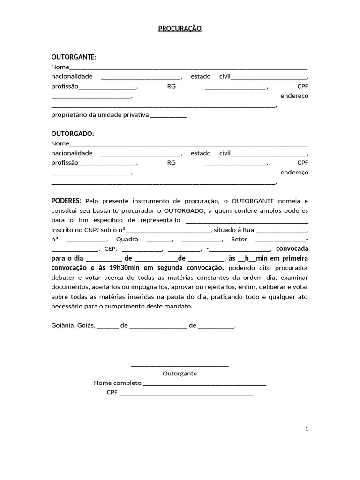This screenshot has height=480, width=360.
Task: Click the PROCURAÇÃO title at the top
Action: [x=180, y=29]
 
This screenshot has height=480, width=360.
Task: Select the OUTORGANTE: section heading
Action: [x=74, y=57]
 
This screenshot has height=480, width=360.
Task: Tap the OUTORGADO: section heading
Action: [x=73, y=134]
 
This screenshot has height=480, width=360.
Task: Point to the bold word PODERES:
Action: [x=66, y=200]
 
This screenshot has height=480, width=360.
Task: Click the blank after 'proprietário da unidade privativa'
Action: [x=169, y=115]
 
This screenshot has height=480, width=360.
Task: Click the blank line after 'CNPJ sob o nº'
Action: [x=169, y=230]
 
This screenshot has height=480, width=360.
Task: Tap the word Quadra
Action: [x=127, y=239]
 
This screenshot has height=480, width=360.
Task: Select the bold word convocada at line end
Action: [x=292, y=248]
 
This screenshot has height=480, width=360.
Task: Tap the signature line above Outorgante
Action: [x=180, y=365]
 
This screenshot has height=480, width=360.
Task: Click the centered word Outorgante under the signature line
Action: [x=180, y=374]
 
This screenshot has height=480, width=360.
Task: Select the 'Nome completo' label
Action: [x=117, y=383]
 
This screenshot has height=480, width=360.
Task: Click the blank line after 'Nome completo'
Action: [x=204, y=383]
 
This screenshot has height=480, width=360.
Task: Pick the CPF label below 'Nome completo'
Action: [x=112, y=392]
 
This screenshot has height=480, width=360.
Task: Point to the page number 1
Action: [x=307, y=428]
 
